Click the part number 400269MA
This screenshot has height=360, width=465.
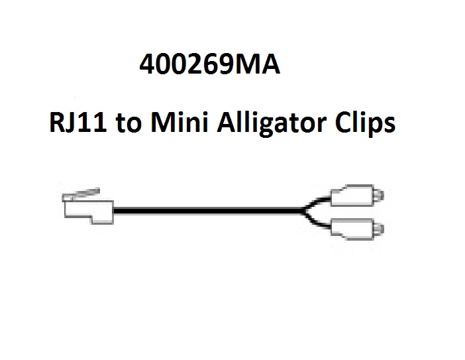click(210, 64)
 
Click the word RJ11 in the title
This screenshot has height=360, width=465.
click(77, 122)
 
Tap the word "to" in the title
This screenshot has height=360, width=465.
click(128, 123)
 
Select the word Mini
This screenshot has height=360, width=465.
click(179, 122)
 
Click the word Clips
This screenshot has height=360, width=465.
click(365, 124)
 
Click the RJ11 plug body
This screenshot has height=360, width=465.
click(89, 212)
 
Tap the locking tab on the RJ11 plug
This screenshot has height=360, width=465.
click(81, 194)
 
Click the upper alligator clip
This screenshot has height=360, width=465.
click(357, 196)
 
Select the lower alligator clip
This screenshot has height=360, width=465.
click(357, 229)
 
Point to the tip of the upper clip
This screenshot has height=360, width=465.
click(383, 196)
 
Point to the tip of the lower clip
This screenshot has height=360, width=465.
click(383, 229)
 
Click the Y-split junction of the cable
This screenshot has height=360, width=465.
click(303, 211)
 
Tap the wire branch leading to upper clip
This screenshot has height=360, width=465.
click(317, 202)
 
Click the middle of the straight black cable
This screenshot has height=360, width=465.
click(208, 211)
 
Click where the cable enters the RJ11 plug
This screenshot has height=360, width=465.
click(114, 211)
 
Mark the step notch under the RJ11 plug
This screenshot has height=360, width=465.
click(92, 219)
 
